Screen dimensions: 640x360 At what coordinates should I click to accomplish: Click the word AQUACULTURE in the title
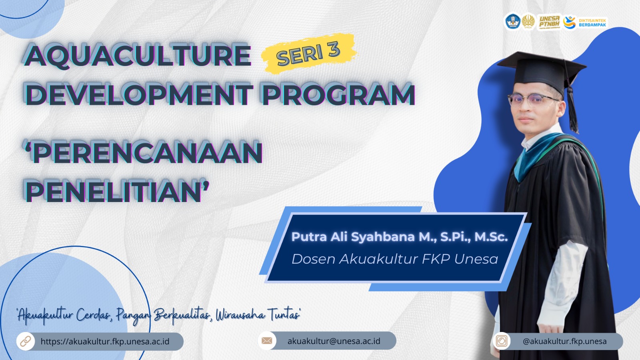[x=137, y=55]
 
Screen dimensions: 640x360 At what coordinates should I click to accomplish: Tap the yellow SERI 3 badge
[x=308, y=54]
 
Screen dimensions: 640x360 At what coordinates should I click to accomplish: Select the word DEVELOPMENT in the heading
[x=139, y=94]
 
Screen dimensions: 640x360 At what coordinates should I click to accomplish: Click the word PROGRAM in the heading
[x=338, y=94]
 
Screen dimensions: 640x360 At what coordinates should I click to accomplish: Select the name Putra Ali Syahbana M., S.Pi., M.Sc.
[x=400, y=237]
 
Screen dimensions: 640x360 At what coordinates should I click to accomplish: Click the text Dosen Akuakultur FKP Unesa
[x=395, y=259]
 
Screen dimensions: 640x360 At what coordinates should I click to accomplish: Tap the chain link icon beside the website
[x=26, y=341]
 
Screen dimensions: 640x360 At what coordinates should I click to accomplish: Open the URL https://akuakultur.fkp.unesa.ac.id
[x=105, y=342]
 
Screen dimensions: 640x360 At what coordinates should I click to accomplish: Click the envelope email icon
[x=267, y=340]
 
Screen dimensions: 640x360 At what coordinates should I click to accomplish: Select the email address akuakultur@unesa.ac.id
[x=334, y=341]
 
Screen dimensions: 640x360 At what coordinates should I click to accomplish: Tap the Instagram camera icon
[x=502, y=341]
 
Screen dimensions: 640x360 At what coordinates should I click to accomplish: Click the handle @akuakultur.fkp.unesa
[x=564, y=342]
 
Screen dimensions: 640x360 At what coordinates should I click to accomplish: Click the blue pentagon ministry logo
[x=513, y=22]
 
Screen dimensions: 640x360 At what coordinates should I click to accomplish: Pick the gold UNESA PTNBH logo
[x=550, y=22]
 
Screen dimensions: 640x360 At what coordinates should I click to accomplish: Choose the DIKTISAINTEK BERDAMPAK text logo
[x=592, y=22]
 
